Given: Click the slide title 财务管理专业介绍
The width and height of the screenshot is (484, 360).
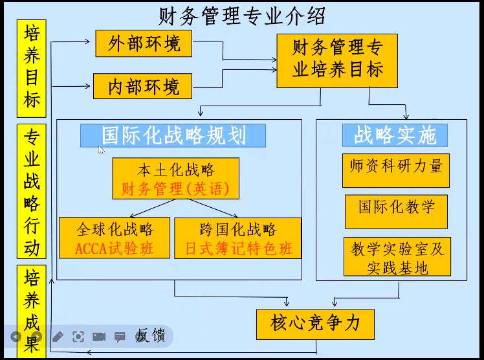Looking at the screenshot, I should click(242, 15).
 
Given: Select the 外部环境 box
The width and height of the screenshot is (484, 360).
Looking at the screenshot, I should click(144, 44).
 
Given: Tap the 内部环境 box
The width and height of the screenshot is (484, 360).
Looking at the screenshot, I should click(144, 86).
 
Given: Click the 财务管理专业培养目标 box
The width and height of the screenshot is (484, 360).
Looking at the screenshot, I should click(337, 60).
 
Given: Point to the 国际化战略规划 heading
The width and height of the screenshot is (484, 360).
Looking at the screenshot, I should click(173, 135).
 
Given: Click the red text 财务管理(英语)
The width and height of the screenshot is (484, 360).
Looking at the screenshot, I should click(175, 189).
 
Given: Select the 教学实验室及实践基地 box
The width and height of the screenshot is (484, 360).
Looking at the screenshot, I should click(396, 257).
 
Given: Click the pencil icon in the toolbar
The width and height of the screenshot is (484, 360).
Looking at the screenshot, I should click(58, 337).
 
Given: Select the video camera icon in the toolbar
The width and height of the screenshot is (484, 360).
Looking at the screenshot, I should click(99, 337).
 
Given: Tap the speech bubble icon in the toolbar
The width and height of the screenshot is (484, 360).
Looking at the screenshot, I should click(120, 337).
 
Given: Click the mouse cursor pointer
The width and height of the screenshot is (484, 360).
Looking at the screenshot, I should click(101, 150).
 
